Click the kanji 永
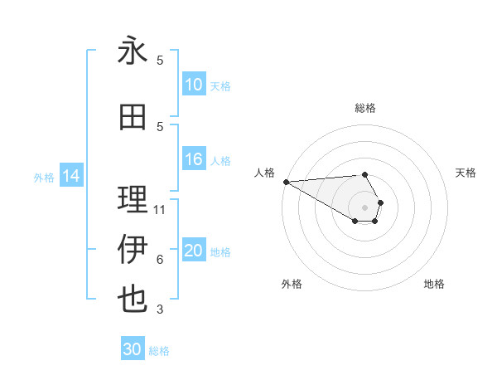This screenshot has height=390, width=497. point(133,51)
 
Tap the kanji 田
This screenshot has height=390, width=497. point(133,118)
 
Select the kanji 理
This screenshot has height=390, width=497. point(133,200)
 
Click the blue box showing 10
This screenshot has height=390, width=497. point(194,85)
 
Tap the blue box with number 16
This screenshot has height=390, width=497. point(194,160)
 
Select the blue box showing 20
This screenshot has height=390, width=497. point(194,251)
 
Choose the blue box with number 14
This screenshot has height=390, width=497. point(71,176)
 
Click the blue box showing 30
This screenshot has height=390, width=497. point(133,349)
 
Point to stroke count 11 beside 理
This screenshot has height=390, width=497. point(160,210)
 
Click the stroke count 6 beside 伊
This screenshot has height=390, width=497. point(160,260)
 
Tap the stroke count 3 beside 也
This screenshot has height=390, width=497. point(160,310)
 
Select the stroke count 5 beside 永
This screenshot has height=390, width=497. point(160,61)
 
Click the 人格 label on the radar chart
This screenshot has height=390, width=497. point(264,173)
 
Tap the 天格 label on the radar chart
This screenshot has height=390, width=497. point(466,173)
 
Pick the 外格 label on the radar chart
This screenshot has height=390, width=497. point(292,284)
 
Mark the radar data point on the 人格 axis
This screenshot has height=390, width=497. point(286,182)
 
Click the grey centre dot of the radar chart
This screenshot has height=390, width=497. point(364,207)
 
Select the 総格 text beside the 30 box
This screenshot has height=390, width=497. point(159,351)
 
